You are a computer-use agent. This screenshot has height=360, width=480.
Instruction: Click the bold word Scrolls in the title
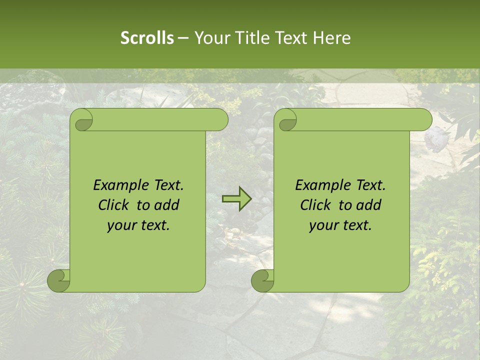tap(147, 37)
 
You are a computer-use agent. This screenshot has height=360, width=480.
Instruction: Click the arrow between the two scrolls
tap(236, 198)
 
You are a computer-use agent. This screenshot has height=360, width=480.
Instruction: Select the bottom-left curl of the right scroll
tap(262, 280)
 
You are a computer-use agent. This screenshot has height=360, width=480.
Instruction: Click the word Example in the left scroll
tap(120, 185)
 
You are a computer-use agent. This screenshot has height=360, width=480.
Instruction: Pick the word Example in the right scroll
tap(322, 185)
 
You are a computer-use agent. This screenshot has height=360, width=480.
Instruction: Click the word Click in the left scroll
tap(114, 205)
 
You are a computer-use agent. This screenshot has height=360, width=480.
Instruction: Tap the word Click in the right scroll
tap(316, 205)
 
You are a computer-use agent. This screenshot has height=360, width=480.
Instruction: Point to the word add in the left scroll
tap(167, 205)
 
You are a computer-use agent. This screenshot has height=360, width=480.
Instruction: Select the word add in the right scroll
tap(369, 205)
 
